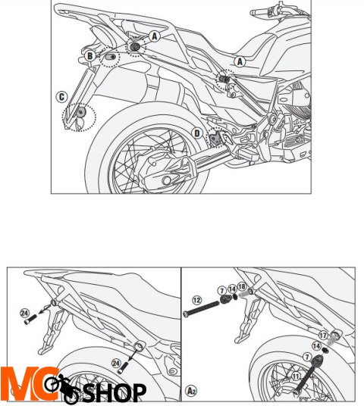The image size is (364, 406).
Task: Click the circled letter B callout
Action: click(89, 55)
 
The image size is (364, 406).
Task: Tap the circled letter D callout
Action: click(197, 133)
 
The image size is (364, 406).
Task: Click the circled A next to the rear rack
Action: click(155, 36)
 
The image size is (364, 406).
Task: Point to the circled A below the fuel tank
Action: click(240, 61)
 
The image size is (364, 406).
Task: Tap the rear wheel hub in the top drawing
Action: click(165, 164)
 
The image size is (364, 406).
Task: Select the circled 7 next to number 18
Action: click(221, 290)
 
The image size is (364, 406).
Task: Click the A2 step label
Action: click(192, 392)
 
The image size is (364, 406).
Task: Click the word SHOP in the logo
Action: click(115, 392)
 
